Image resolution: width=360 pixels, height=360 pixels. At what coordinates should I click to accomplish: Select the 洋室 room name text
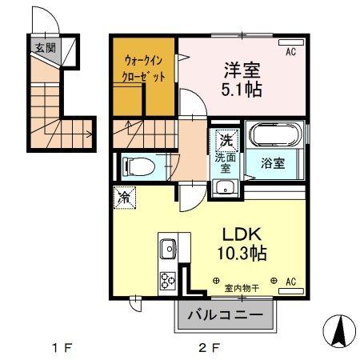click(x=238, y=68)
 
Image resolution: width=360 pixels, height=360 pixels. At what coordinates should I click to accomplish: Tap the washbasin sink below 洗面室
click(x=225, y=189)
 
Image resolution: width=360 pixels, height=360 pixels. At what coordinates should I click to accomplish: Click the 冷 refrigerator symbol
click(x=124, y=196)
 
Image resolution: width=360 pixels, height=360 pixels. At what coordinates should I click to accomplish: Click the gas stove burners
click(x=168, y=281)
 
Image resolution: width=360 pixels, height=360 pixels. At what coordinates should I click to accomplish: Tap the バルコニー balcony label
click(x=225, y=316)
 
